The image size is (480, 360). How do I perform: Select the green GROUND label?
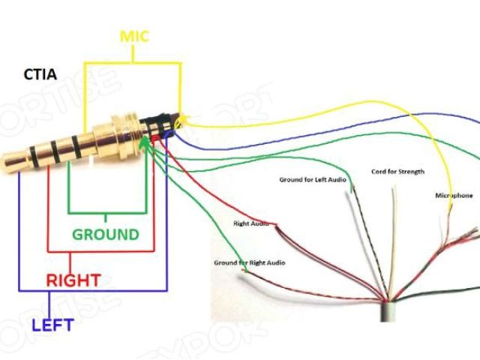(106, 234)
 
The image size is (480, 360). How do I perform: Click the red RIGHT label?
(73, 280)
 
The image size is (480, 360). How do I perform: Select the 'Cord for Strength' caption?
(397, 172)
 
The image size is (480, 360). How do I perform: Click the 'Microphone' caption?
(454, 196)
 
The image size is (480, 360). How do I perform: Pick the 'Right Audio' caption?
(251, 223)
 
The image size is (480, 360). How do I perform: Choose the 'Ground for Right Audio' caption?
(250, 263)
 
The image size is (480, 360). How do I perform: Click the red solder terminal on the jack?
(155, 139)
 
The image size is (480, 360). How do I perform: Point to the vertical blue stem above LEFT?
(49, 304)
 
